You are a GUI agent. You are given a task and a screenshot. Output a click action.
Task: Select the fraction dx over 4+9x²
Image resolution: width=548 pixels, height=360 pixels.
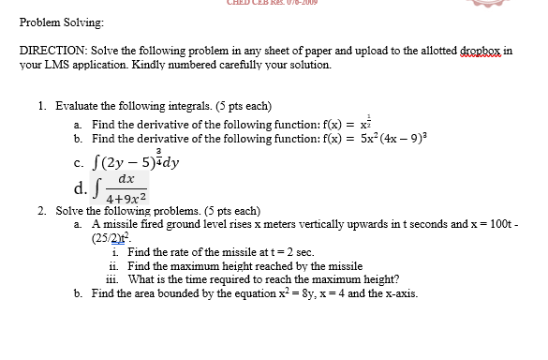point(126,188)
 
